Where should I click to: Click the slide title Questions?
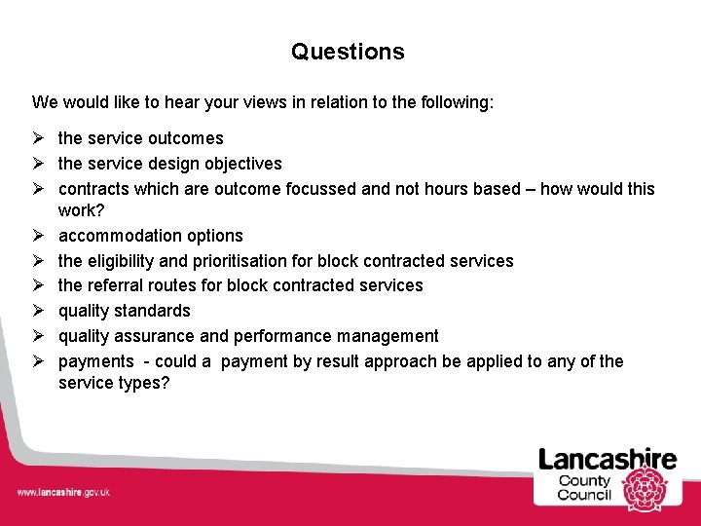click(348, 52)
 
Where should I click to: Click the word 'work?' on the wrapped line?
click(81, 210)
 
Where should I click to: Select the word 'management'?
click(387, 336)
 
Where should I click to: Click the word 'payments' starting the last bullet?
click(95, 361)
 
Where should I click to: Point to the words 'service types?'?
click(113, 384)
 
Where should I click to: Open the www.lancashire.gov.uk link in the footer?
click(63, 492)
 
